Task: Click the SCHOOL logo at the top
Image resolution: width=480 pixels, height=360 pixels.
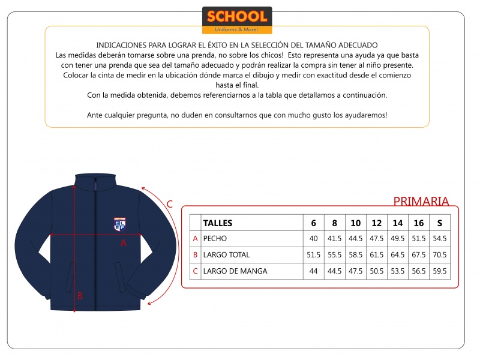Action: (237, 20)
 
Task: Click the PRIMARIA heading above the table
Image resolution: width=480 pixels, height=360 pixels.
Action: (421, 202)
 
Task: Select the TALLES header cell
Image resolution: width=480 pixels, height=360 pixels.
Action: (218, 223)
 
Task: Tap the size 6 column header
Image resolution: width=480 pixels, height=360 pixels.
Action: (313, 223)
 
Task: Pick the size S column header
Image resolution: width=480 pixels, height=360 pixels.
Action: (439, 223)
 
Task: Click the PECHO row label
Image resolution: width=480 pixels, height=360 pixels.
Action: (215, 238)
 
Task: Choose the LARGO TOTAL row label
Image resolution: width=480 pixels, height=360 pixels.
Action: (226, 254)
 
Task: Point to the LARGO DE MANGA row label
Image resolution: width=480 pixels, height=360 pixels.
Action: (235, 271)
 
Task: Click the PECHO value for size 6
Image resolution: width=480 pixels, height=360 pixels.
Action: (313, 238)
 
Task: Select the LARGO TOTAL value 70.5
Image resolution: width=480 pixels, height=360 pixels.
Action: (439, 254)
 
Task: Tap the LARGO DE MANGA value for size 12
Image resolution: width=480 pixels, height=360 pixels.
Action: (376, 271)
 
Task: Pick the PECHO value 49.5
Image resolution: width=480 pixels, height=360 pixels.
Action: (397, 238)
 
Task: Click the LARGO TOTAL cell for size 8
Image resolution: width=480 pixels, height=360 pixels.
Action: (334, 254)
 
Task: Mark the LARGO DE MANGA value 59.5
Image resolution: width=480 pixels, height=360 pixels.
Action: (439, 271)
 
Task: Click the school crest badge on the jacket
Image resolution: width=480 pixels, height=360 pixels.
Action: (119, 223)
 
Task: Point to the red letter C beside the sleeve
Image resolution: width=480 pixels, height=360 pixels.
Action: (170, 204)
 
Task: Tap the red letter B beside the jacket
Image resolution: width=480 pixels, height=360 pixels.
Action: (80, 295)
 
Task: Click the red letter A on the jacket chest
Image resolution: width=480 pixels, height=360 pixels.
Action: (124, 243)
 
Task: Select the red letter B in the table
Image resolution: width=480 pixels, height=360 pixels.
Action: (195, 254)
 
